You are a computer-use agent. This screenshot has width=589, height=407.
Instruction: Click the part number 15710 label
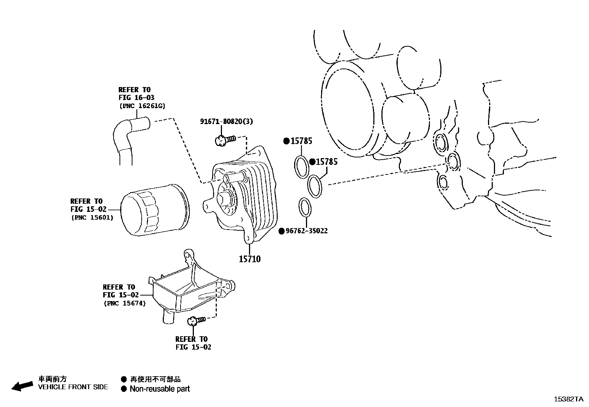(249, 259)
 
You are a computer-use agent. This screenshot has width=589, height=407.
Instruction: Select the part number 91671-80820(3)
(226, 121)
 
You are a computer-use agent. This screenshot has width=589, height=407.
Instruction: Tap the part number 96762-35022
(307, 231)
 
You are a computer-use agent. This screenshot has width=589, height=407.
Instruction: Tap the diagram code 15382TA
(568, 399)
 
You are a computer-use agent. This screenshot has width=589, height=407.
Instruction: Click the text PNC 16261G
(142, 106)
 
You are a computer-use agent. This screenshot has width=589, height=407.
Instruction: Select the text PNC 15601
(92, 217)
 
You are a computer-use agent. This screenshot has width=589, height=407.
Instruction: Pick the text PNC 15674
(125, 303)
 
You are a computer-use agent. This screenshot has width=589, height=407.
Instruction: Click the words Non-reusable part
(159, 389)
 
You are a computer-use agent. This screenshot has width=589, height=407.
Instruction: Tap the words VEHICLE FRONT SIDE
(73, 387)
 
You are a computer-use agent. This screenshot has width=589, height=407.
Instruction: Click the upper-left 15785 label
(301, 141)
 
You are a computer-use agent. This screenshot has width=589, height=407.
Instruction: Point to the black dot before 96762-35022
(281, 231)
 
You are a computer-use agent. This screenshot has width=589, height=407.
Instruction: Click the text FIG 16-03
(136, 98)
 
